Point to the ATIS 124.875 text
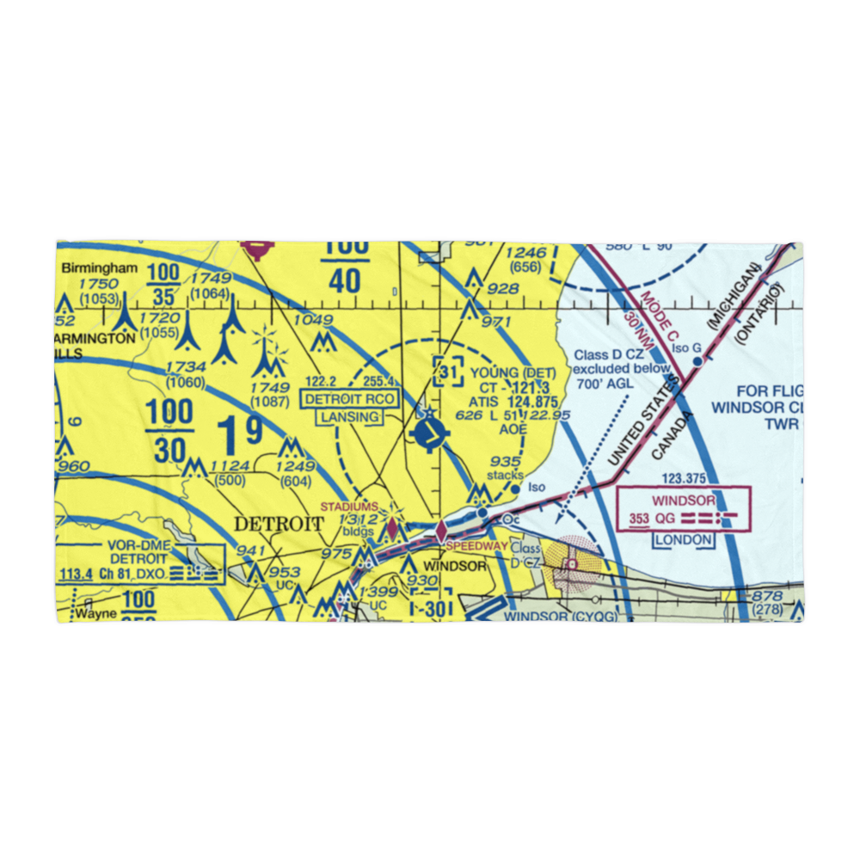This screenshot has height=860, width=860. tap(508, 401)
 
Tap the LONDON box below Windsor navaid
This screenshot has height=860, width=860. tap(684, 540)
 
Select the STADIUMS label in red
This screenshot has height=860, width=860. tap(348, 507)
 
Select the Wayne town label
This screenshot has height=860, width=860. tap(94, 615)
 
